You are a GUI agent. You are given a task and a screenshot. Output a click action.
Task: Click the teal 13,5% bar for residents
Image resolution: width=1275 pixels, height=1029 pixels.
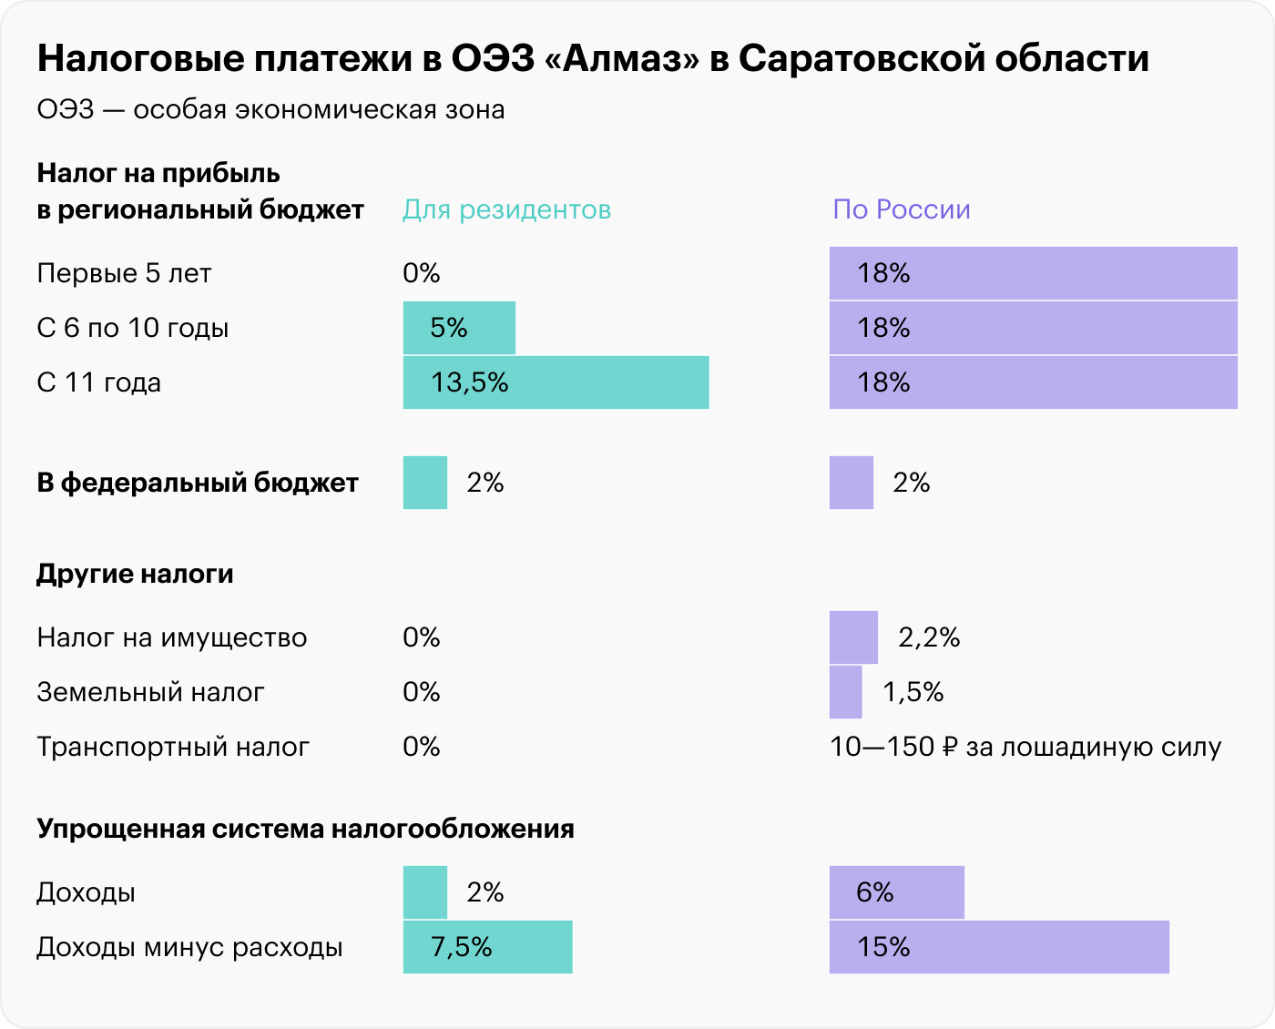coord(556,382)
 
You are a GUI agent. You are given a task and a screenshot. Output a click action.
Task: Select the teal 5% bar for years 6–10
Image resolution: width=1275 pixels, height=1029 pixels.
coord(459,328)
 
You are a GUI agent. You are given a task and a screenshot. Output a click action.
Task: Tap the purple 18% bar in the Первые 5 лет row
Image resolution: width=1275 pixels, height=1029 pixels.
coord(1033,273)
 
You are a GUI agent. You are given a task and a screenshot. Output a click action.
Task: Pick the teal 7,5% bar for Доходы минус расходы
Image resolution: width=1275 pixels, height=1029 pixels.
coord(487,947)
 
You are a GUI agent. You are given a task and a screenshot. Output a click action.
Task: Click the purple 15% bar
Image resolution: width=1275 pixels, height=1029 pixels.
coord(999,947)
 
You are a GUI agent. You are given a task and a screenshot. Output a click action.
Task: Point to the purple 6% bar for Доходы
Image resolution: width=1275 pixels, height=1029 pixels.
coord(896,892)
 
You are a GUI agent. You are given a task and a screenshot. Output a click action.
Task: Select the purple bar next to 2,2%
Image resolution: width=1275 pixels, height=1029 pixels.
coord(853,637)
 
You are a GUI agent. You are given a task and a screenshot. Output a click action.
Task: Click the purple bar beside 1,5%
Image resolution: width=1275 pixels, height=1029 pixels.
coord(845,692)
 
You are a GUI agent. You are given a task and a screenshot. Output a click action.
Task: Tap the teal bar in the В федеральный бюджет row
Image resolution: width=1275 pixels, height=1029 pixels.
coord(425,483)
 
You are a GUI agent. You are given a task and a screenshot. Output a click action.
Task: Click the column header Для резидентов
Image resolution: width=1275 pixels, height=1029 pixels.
coord(506,209)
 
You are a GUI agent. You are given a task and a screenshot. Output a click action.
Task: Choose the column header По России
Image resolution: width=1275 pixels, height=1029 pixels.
coord(902,209)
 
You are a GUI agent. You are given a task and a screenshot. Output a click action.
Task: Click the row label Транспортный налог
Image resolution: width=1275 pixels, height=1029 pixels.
coord(173,747)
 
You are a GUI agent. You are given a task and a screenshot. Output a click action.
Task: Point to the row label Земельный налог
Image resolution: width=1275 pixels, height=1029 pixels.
coord(150,692)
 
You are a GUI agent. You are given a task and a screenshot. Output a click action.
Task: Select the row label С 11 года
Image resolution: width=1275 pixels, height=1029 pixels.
coord(99,382)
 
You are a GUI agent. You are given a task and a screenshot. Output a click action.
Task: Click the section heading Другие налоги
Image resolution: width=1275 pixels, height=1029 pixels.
coord(135,574)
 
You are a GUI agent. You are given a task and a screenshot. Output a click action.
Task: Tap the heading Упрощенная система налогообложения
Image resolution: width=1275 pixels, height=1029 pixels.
coord(305,829)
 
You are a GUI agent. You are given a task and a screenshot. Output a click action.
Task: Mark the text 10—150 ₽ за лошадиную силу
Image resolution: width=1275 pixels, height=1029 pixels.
coord(1025,747)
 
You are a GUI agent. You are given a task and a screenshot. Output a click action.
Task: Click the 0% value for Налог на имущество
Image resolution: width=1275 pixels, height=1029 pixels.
coord(422,637)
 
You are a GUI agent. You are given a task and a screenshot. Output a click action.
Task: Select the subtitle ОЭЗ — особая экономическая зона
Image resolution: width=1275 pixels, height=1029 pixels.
coord(270,109)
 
